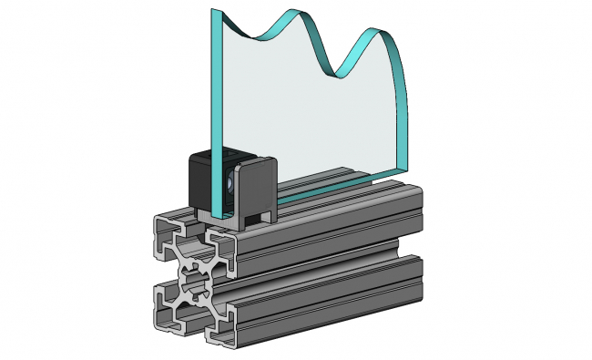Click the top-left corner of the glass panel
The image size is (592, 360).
click(x=215, y=12)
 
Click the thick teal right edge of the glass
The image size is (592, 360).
click(x=404, y=109)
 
